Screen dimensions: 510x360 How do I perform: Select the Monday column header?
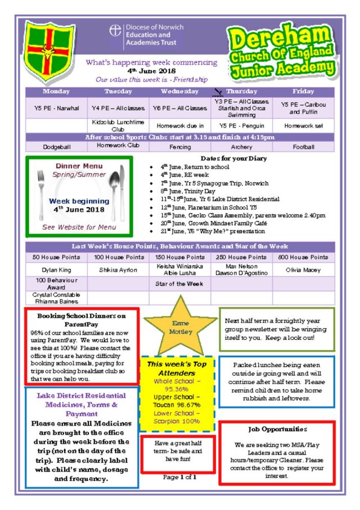pos(56,91)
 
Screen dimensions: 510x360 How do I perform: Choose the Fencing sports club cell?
pos(180,147)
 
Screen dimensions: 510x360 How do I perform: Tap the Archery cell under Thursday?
pos(242,147)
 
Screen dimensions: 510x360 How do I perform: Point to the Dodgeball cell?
pos(56,147)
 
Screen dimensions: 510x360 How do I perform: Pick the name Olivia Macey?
pos(304,270)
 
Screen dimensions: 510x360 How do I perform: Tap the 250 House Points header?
pos(242,257)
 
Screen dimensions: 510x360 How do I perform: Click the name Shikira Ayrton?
pos(118,270)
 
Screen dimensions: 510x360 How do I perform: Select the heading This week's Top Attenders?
pos(177,368)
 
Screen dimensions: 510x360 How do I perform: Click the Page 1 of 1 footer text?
pos(179,477)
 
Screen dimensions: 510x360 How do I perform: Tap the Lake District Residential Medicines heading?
pos(82,404)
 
